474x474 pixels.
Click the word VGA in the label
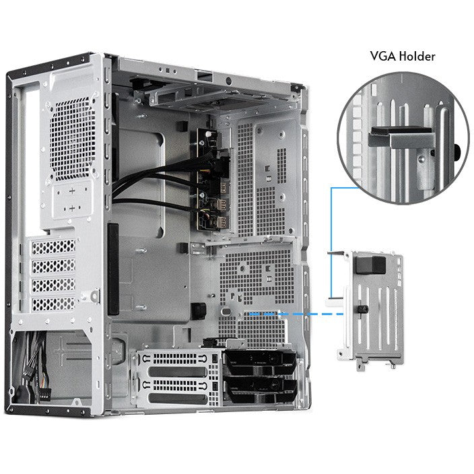tap(382, 57)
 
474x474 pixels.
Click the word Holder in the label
tap(417, 57)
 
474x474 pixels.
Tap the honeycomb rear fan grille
tap(72, 139)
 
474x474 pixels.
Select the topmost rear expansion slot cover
tap(53, 247)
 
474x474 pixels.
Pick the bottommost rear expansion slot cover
tap(53, 304)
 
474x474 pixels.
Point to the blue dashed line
tap(296, 314)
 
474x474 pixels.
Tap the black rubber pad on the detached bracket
tap(370, 265)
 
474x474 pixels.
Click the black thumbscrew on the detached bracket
tap(362, 309)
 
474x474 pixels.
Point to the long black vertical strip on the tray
tap(113, 269)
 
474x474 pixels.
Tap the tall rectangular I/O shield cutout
tap(32, 160)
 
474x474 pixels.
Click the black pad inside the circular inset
tap(401, 131)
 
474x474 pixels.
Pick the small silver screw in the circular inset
tap(421, 158)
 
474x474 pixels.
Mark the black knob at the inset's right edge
tap(456, 151)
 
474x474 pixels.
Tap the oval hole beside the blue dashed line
tap(226, 311)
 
